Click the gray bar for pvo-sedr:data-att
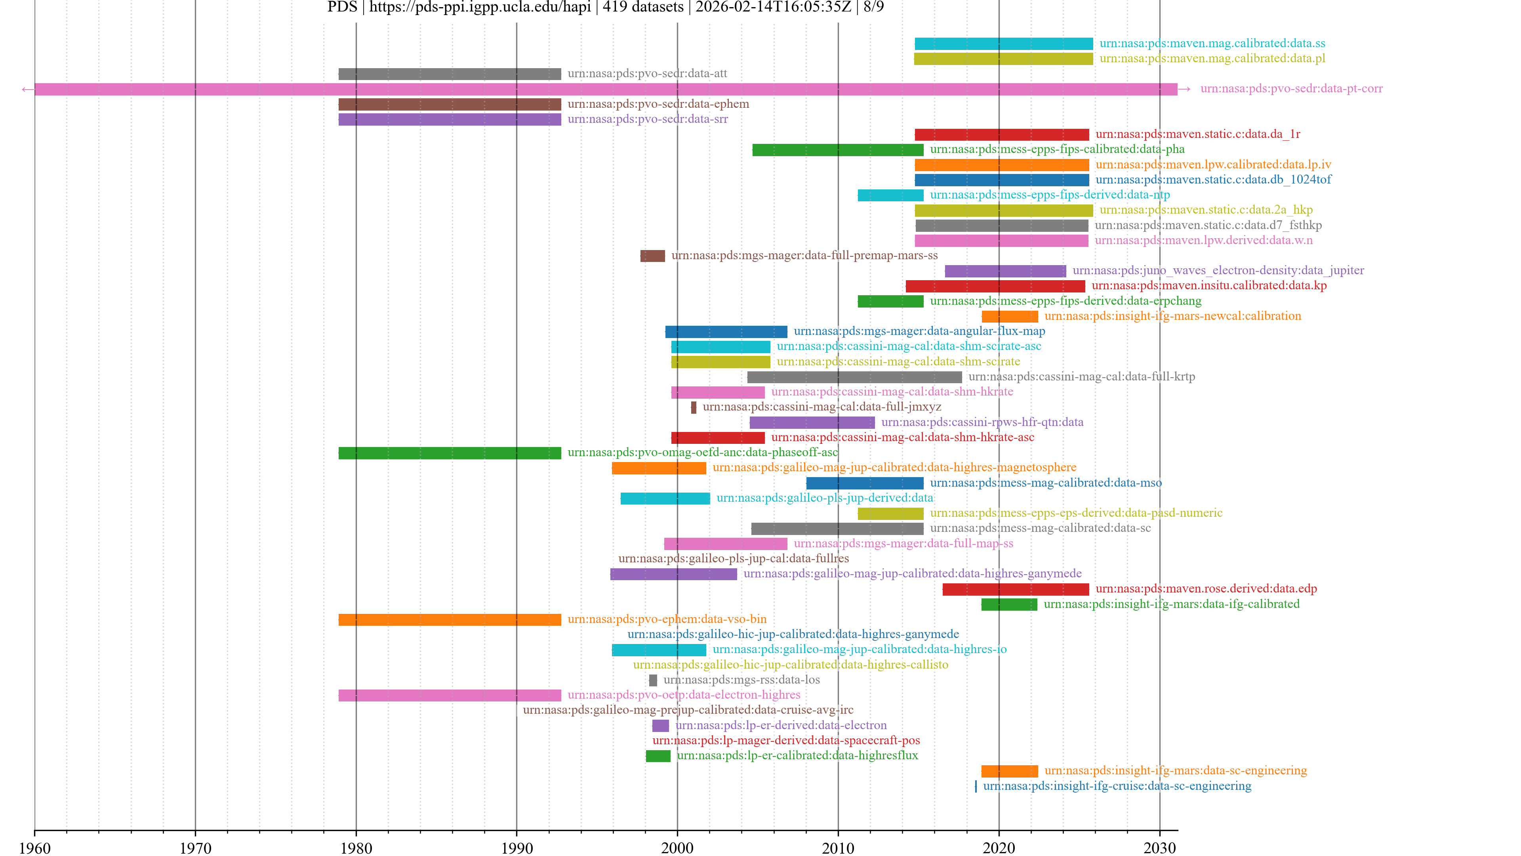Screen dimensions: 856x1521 tap(449, 74)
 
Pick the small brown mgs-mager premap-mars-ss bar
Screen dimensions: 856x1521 tap(652, 256)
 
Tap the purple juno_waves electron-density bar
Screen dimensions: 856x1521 tap(1005, 271)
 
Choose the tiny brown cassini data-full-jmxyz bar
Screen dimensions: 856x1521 tap(694, 408)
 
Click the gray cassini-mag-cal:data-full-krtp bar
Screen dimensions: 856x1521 tap(854, 377)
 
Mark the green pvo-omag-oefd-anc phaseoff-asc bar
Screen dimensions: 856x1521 tap(449, 453)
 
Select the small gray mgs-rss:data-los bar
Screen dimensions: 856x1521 tap(653, 680)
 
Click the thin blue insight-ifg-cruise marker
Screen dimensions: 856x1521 tap(976, 786)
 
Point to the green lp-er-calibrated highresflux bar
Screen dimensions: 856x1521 tap(658, 756)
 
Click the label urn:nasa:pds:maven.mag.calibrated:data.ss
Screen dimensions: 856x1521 tap(1212, 43)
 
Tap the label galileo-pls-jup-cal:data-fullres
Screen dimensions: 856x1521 tap(733, 558)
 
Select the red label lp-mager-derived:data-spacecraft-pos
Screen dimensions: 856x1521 tap(786, 740)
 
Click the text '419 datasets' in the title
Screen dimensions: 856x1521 tap(642, 7)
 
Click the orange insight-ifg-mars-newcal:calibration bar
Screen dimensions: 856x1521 tap(1010, 317)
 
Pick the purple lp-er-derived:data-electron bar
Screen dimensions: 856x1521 tap(660, 726)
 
